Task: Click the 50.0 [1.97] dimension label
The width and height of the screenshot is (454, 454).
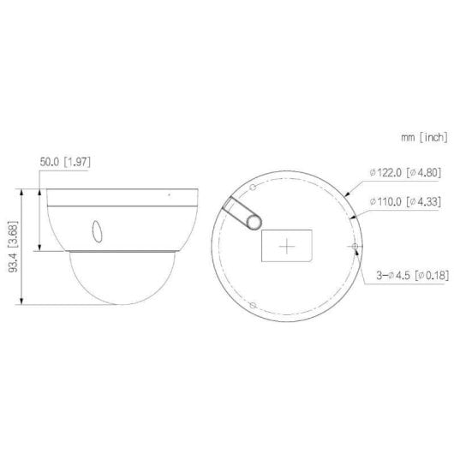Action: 68,159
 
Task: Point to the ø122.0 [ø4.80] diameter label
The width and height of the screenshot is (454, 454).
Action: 404,172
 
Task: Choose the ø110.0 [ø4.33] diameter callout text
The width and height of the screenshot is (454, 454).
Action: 404,202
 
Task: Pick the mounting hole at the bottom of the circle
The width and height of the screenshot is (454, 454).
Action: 252,305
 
